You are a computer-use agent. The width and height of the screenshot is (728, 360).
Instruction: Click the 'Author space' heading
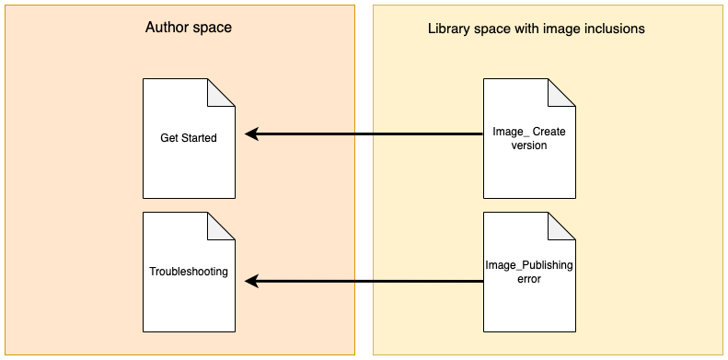(188, 28)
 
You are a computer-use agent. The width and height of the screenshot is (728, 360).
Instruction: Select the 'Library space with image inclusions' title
(536, 29)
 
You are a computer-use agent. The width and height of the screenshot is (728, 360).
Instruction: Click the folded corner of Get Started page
(220, 93)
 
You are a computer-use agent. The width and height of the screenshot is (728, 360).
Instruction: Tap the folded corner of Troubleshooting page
(220, 226)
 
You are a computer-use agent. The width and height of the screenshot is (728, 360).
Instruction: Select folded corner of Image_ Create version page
(561, 93)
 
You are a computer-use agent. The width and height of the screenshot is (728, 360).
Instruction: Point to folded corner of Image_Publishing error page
(561, 226)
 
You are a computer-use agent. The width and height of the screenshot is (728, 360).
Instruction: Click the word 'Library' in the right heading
(449, 29)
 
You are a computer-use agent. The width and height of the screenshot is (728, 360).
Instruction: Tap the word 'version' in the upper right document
(529, 145)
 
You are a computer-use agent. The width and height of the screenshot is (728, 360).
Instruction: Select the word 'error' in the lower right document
(529, 279)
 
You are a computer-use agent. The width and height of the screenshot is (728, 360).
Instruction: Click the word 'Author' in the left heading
(167, 28)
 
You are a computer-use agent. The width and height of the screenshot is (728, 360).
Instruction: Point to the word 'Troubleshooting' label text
(188, 273)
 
